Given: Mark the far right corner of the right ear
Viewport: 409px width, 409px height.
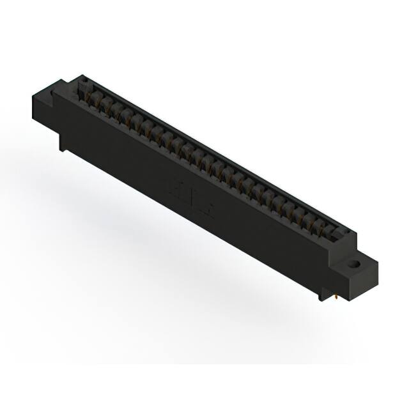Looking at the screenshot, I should pos(374,264).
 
